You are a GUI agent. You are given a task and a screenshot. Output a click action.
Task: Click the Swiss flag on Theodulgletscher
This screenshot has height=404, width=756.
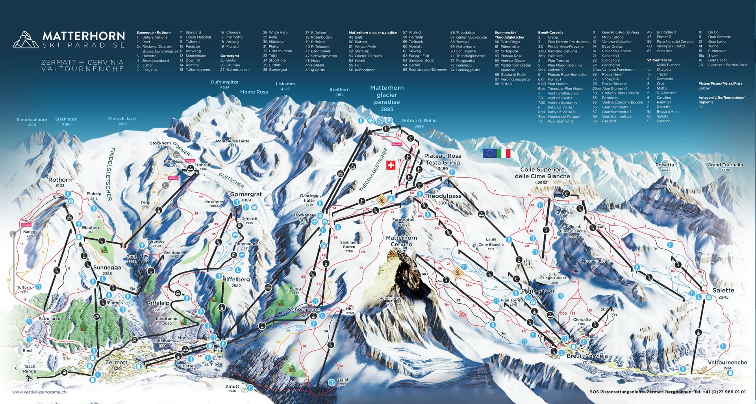390,165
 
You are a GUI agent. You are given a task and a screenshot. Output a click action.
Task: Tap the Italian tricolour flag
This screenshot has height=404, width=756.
503,153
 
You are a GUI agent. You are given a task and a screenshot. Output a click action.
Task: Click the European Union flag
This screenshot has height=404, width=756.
489,153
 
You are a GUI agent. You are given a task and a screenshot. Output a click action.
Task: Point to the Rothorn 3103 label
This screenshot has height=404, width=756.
60,182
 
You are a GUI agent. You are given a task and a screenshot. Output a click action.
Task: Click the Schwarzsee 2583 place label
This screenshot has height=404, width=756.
304,312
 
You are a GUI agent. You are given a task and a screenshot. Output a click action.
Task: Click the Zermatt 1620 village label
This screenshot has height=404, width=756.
116,365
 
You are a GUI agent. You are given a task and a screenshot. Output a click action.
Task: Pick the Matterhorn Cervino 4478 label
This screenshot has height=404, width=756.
401,244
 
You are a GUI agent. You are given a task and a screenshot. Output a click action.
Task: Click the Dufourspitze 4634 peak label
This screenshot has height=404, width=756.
225,84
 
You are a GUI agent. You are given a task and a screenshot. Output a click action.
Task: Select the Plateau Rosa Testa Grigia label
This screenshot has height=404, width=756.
443,162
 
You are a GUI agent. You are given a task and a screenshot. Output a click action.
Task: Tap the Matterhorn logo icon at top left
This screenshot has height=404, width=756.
26,39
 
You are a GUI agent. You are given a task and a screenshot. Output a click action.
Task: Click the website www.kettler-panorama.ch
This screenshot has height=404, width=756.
39,392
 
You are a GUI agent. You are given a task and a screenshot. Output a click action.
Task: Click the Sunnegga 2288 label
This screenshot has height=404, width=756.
107,270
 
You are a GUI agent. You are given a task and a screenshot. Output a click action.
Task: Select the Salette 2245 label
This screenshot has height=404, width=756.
723,293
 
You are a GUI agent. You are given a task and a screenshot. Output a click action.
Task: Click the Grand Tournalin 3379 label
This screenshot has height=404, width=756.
725,166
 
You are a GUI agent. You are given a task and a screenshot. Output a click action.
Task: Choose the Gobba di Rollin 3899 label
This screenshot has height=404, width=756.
419,123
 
